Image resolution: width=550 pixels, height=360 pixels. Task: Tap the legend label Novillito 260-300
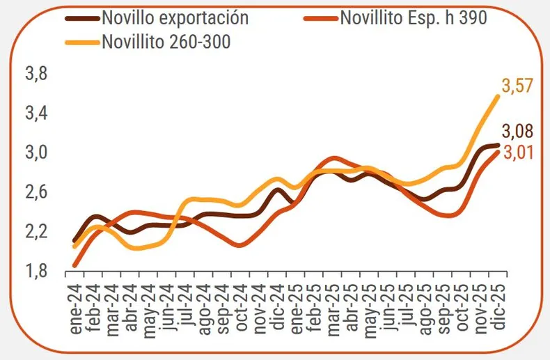[x=166, y=41]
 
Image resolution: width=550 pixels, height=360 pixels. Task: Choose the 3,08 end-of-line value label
[x=517, y=131]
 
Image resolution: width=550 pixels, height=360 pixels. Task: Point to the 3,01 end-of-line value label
[x=517, y=152]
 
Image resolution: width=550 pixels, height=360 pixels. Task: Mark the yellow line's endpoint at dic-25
[x=497, y=97]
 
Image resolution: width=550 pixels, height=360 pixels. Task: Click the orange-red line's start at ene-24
[x=74, y=265]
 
